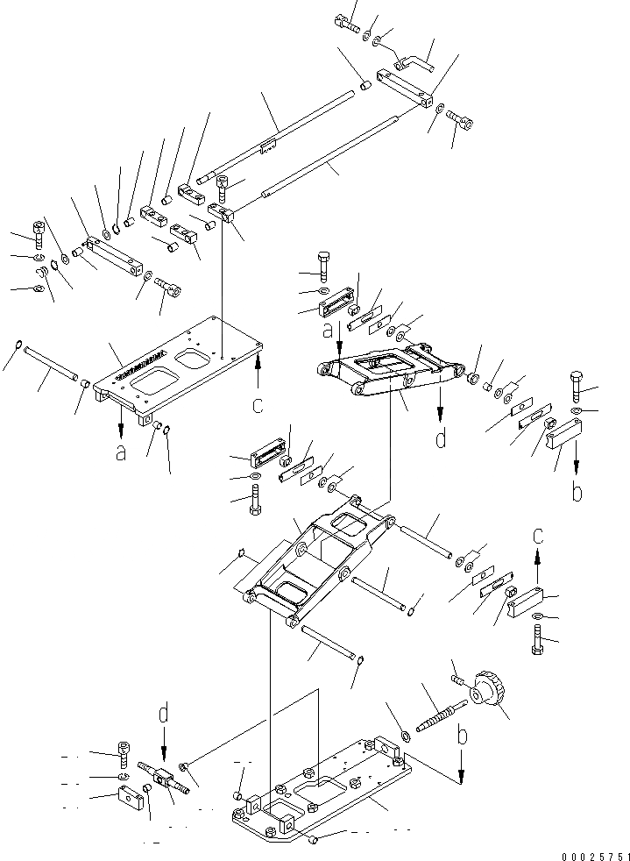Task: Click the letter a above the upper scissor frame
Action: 328,332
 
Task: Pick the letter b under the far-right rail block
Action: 577,492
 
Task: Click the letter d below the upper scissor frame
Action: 441,437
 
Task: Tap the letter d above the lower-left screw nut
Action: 164,715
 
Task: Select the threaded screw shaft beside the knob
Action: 437,712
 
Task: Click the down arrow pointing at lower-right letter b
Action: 461,767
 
